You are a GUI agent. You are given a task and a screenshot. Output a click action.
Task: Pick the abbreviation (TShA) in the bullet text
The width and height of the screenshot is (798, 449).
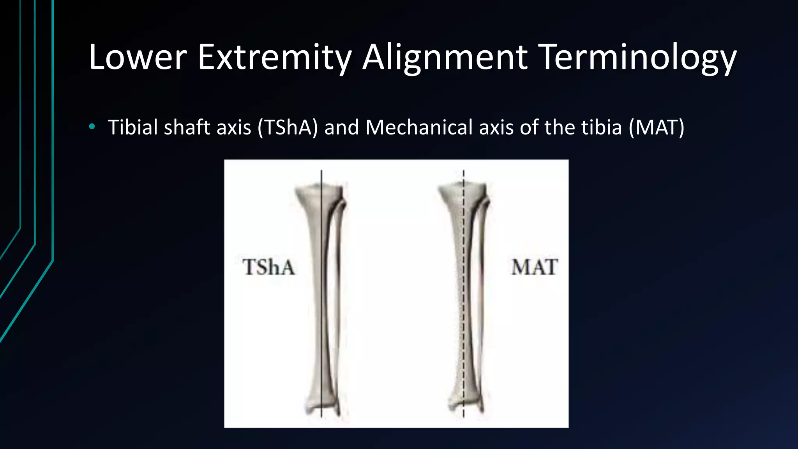(288, 127)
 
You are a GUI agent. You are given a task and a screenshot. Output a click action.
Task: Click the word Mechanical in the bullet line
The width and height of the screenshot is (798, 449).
(419, 127)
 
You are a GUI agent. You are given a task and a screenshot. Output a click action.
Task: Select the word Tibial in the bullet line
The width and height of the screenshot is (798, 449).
(132, 127)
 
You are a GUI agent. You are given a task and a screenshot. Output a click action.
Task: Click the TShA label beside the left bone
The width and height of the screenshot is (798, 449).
(269, 267)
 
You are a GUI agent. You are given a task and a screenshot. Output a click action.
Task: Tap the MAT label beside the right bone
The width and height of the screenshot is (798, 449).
(535, 267)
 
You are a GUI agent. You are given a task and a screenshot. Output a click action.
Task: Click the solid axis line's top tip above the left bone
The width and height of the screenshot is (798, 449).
(321, 171)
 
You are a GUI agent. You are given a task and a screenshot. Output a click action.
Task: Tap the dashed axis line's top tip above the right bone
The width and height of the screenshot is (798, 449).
(464, 171)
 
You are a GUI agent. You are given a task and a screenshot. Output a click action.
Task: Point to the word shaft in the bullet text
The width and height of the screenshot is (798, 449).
(187, 127)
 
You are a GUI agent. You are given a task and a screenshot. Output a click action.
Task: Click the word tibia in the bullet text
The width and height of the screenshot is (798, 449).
(602, 127)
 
